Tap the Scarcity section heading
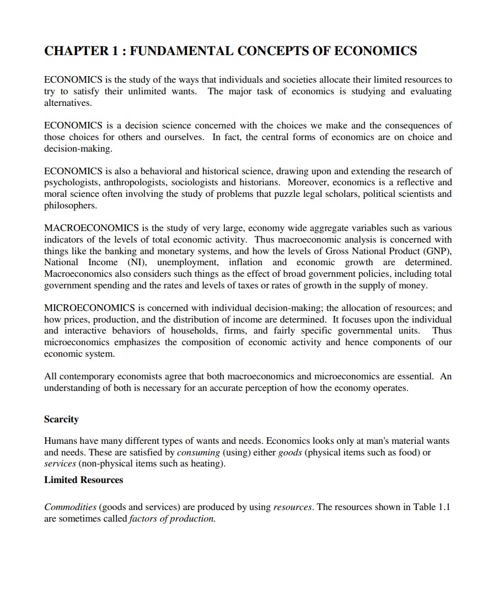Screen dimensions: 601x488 pyautogui.click(x=61, y=419)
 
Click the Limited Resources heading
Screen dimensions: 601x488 pyautogui.click(x=83, y=480)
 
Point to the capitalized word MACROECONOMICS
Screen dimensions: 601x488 pyautogui.click(x=92, y=228)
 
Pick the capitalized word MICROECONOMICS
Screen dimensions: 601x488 pyautogui.click(x=89, y=308)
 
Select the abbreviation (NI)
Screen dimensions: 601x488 pyautogui.click(x=137, y=262)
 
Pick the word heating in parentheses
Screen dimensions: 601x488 pyautogui.click(x=210, y=464)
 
